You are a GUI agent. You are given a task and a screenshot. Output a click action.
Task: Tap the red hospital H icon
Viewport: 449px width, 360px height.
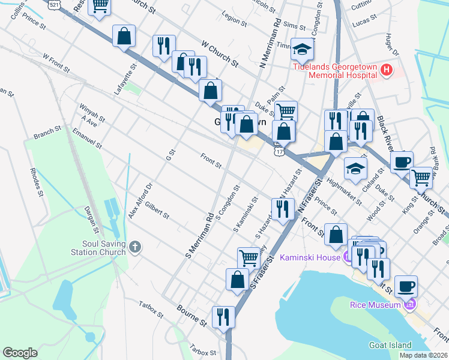point(387,71)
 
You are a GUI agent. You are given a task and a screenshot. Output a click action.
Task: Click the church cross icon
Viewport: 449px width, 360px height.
point(136,247)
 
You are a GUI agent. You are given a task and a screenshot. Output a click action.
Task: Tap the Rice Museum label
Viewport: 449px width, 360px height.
point(376,305)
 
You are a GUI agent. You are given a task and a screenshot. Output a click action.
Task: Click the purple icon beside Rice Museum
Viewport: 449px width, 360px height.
point(410,305)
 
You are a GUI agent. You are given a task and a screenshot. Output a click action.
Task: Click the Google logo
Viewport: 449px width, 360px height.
point(20,353)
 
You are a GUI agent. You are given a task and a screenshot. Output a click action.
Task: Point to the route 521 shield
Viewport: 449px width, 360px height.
point(55,4)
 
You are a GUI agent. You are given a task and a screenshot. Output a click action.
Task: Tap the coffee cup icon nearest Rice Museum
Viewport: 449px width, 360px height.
point(406,286)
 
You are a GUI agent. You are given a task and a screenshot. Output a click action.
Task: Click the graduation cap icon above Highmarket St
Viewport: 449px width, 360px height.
point(356,168)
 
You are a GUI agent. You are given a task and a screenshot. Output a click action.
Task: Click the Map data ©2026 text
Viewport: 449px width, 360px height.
point(424,355)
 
